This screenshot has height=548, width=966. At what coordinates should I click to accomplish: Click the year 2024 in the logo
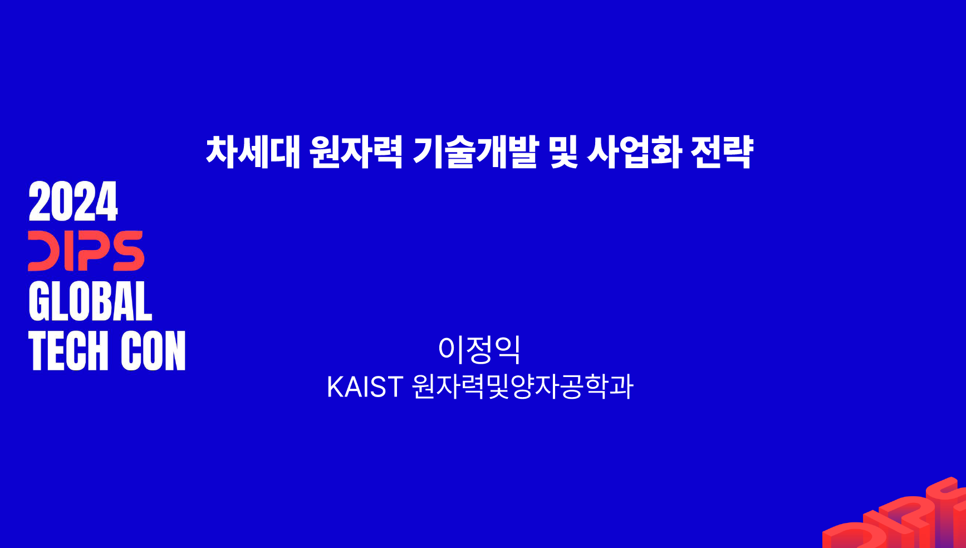click(73, 201)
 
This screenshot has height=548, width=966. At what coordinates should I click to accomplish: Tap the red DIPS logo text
click(86, 251)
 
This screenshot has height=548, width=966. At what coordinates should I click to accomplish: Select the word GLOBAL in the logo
click(90, 301)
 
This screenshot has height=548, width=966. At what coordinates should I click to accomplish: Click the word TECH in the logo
click(68, 350)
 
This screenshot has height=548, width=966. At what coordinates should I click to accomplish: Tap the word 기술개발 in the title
click(476, 151)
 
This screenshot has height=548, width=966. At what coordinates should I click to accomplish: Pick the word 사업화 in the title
click(635, 151)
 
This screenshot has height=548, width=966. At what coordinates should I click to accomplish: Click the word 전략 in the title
click(722, 151)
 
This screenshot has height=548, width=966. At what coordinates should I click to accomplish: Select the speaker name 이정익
click(479, 349)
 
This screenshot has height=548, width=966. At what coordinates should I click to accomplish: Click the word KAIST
click(365, 386)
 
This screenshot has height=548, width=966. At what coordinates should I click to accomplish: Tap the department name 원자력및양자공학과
click(523, 386)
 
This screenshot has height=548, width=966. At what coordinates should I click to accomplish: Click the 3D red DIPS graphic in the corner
click(894, 515)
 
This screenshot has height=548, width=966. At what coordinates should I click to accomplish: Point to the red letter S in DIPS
click(127, 251)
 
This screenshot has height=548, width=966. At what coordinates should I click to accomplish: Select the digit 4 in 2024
click(107, 201)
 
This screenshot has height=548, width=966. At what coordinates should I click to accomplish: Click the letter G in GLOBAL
click(39, 301)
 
